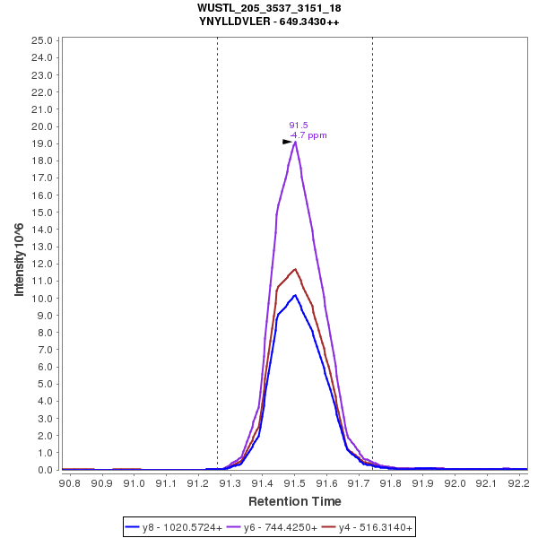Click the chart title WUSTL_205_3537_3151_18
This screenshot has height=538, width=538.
269,8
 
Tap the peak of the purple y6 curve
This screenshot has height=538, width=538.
295,142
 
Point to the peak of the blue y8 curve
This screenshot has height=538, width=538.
295,295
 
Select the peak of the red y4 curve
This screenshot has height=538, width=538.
294,268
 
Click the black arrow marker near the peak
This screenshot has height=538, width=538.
287,142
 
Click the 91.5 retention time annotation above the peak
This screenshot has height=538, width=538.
299,126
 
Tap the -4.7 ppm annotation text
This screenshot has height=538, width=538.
308,135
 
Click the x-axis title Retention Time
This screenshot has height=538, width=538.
294,501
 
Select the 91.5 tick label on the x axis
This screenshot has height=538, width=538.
294,483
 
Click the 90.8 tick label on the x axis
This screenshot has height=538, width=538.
69,483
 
